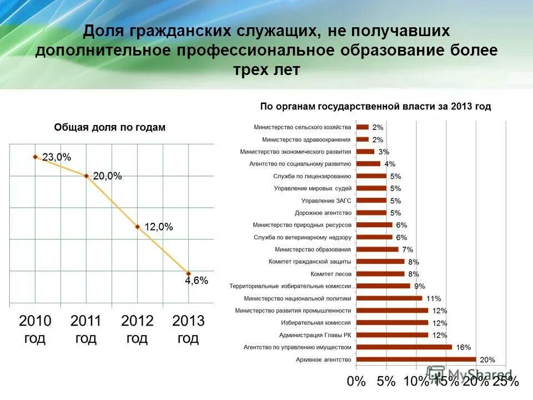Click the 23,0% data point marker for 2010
click(x=35, y=157)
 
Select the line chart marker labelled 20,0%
click(x=86, y=176)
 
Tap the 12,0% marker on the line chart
click(x=137, y=227)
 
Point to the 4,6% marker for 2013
click(x=188, y=273)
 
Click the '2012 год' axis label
click(x=137, y=329)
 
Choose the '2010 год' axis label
click(x=35, y=329)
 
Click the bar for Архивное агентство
click(x=416, y=359)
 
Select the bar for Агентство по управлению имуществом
click(x=404, y=347)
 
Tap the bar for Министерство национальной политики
click(x=389, y=298)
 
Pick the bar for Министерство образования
click(x=377, y=249)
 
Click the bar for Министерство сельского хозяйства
click(x=362, y=127)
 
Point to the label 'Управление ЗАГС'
click(x=326, y=201)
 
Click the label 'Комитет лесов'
click(x=330, y=274)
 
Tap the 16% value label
click(x=463, y=347)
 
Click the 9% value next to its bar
click(x=419, y=286)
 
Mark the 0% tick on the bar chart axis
click(x=356, y=382)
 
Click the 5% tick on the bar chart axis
click(x=386, y=382)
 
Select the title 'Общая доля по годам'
click(x=109, y=127)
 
